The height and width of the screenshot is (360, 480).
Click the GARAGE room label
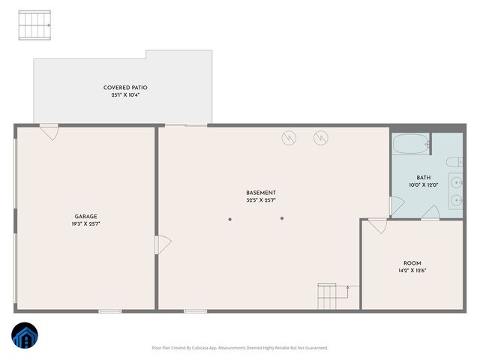click(85, 216)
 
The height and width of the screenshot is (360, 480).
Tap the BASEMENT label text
click(261, 193)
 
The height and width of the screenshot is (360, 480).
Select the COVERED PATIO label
click(122, 88)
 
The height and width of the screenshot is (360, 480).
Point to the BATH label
click(413, 178)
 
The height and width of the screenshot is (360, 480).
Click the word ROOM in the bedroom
click(412, 263)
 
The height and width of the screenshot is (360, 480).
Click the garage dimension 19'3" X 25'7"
click(85, 223)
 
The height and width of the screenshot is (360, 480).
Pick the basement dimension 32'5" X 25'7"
click(261, 200)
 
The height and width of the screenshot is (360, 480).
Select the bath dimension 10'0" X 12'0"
click(422, 185)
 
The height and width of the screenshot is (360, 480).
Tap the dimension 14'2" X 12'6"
click(412, 271)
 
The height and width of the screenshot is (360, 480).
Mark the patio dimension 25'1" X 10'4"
click(122, 95)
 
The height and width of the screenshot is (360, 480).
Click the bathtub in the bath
click(411, 144)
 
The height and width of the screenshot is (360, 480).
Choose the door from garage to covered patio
click(49, 131)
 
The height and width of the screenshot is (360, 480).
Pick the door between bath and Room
click(430, 214)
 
